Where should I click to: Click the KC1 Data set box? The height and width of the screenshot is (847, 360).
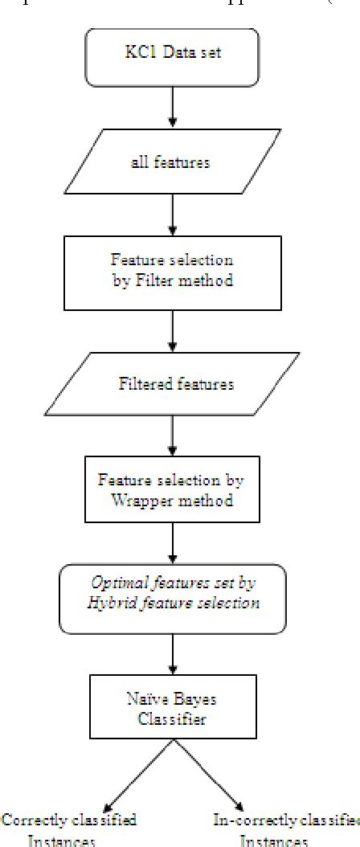[172, 57]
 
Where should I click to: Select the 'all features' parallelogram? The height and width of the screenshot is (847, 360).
[171, 162]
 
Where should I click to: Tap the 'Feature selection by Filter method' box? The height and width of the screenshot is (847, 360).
[172, 272]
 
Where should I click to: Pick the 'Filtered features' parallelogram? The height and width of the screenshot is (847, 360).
[176, 384]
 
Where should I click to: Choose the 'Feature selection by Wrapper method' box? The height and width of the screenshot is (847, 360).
[171, 490]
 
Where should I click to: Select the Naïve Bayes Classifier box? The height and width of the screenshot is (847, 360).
[173, 706]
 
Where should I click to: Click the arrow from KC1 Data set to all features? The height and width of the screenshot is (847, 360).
[173, 108]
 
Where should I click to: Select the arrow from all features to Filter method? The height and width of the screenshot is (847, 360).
[173, 215]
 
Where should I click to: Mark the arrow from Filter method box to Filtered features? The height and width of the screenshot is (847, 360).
[173, 331]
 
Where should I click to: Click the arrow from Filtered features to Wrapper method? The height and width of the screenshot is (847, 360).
[173, 436]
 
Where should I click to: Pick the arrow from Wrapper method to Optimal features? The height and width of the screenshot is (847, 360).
[173, 543]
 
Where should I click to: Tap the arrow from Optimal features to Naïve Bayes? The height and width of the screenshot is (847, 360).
[173, 654]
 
